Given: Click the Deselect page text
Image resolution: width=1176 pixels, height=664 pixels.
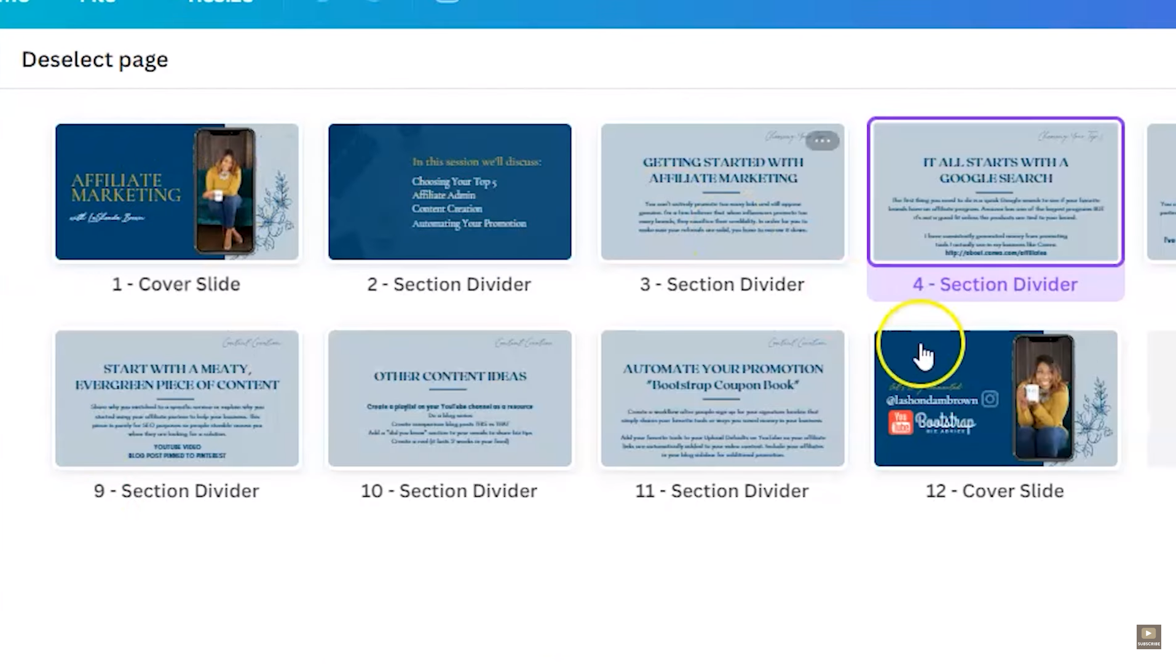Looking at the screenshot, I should tap(95, 60).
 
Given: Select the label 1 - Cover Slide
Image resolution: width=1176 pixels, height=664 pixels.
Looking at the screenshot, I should tap(176, 284).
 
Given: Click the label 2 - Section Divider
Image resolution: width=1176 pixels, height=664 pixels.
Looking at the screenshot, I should tap(449, 284).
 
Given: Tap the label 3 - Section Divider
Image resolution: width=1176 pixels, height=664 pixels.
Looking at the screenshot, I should tap(722, 284).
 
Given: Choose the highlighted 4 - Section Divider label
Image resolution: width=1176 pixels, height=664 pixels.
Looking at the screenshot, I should tap(995, 284).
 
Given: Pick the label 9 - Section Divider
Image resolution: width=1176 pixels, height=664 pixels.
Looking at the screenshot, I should tap(176, 491).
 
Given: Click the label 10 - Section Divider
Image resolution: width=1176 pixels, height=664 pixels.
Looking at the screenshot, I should tap(449, 491).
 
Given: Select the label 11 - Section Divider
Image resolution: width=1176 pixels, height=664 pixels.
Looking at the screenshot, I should tap(722, 491).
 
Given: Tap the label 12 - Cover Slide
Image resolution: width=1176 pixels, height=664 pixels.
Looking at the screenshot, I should tap(995, 491).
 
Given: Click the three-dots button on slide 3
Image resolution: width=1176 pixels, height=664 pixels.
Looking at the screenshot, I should tap(822, 141).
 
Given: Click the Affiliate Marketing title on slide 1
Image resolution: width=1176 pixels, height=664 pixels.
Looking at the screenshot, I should tap(126, 188).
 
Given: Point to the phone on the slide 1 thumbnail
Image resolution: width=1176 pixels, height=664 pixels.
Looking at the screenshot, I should tap(224, 191).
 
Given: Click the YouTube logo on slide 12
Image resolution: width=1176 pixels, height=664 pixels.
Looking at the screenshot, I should tap(900, 423).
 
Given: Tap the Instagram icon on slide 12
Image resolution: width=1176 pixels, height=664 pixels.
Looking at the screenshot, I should tap(990, 399).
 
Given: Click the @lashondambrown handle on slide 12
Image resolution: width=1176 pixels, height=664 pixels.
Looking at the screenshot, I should tap(932, 400).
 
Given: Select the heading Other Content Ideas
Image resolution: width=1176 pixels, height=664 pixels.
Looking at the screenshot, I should tap(450, 376).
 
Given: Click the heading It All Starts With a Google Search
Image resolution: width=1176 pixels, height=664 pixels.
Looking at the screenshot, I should tap(995, 170).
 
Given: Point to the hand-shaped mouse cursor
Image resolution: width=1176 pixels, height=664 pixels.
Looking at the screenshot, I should tap(924, 357).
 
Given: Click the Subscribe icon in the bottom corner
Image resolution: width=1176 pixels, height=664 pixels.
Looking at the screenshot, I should tap(1148, 636).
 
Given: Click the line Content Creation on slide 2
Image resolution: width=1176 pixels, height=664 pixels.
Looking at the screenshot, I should tap(447, 209).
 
